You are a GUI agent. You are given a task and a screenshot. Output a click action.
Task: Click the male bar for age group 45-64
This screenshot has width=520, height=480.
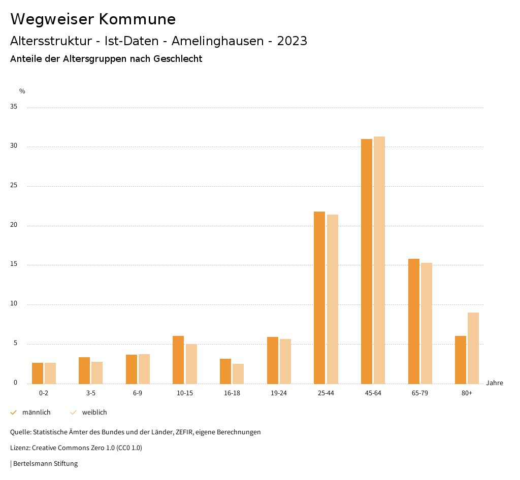click(x=367, y=261)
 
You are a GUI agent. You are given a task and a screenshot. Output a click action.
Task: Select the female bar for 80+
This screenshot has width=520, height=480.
click(x=473, y=348)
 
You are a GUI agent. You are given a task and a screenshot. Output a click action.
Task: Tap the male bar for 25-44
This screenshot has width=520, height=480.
click(x=319, y=297)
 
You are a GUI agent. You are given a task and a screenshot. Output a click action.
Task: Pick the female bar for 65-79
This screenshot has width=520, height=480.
click(x=427, y=323)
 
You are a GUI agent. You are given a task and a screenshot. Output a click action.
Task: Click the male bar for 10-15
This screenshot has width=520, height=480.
click(x=178, y=360)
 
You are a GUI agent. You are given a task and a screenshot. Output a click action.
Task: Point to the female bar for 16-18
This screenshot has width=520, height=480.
click(x=238, y=373)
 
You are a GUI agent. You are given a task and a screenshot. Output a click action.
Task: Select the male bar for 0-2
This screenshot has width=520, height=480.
click(x=38, y=373)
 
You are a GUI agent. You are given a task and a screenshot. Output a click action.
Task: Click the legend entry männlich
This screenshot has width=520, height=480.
click(x=36, y=413)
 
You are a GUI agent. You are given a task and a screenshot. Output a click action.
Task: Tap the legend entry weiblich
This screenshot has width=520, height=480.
click(x=94, y=413)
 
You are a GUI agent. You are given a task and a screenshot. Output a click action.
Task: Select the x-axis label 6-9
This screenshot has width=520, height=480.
click(x=138, y=393)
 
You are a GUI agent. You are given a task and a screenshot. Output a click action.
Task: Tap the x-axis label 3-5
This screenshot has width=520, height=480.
click(x=91, y=393)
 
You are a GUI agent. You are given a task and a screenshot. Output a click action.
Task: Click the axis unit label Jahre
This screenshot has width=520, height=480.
click(x=494, y=383)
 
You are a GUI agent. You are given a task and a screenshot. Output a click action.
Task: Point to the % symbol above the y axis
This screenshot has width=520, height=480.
click(x=22, y=91)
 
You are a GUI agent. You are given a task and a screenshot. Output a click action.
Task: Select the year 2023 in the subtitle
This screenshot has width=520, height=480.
click(x=292, y=41)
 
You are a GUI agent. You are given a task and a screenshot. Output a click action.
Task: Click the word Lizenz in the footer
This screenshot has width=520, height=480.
click(x=20, y=448)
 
